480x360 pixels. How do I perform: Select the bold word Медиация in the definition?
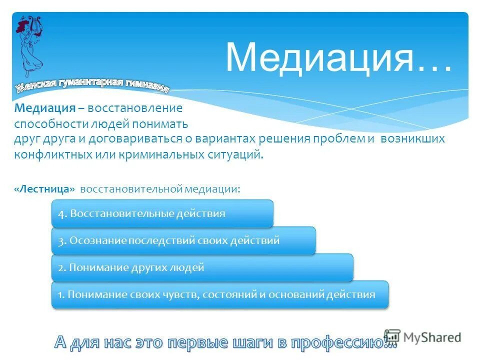(x=44, y=108)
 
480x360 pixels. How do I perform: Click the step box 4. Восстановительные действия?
(x=162, y=213)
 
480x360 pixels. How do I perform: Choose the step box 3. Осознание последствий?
(x=183, y=240)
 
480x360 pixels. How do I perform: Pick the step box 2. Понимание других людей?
(x=202, y=267)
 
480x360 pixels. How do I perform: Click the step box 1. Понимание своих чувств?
(x=220, y=294)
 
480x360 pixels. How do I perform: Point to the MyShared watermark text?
(x=432, y=337)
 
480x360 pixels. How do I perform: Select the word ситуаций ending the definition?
(x=235, y=154)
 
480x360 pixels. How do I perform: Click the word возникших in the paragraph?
(x=412, y=138)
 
